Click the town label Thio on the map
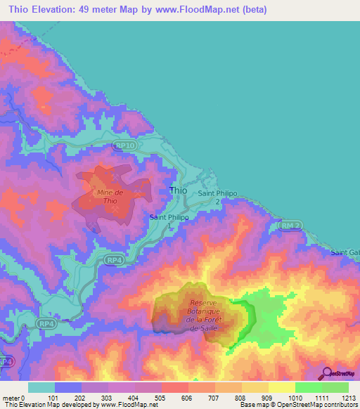[x=179, y=190]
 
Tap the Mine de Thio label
[x=109, y=196]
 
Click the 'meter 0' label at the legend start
[x=15, y=397]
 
